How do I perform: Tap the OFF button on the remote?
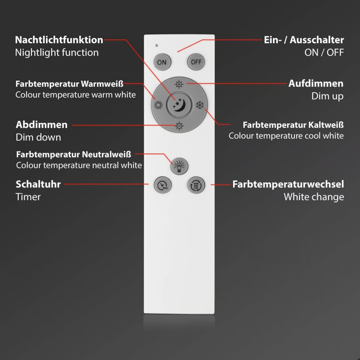tap(196, 62)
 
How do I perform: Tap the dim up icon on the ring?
tap(179, 84)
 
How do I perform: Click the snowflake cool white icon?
tap(199, 105)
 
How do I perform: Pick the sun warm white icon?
tap(158, 105)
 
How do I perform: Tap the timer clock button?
tap(162, 185)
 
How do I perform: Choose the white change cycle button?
tap(196, 185)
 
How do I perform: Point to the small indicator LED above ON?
tap(156, 45)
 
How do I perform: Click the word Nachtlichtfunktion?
tap(59, 40)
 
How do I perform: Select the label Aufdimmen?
tap(316, 83)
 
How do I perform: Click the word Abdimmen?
tap(41, 125)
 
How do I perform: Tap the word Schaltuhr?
tap(38, 184)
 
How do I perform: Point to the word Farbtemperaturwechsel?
tap(288, 184)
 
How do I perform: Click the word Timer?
tap(28, 197)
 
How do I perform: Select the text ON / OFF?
tap(324, 53)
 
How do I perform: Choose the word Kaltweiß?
tap(326, 124)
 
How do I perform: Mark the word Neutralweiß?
tap(107, 155)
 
